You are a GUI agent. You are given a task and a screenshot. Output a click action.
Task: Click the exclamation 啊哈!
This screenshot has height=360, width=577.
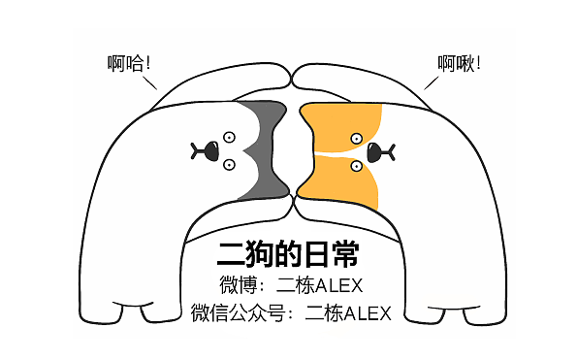click(130, 65)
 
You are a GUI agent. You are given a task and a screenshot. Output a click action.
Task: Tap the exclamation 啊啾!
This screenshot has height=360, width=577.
click(459, 65)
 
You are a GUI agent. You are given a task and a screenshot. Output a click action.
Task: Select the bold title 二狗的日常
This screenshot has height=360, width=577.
click(288, 255)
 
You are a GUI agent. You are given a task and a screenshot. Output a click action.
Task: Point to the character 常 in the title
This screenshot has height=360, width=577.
click(344, 255)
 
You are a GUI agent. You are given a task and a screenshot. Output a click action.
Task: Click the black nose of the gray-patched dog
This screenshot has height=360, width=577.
click(205, 150)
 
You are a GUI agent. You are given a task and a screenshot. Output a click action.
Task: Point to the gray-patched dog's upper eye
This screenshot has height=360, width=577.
click(230, 137)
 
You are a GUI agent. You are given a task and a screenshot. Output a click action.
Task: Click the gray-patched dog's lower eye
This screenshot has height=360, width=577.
click(230, 164)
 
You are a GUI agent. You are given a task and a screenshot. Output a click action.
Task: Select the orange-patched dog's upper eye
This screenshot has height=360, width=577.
click(357, 138)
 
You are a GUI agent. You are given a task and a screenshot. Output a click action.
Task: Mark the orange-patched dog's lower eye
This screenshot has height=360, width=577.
click(357, 165)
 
